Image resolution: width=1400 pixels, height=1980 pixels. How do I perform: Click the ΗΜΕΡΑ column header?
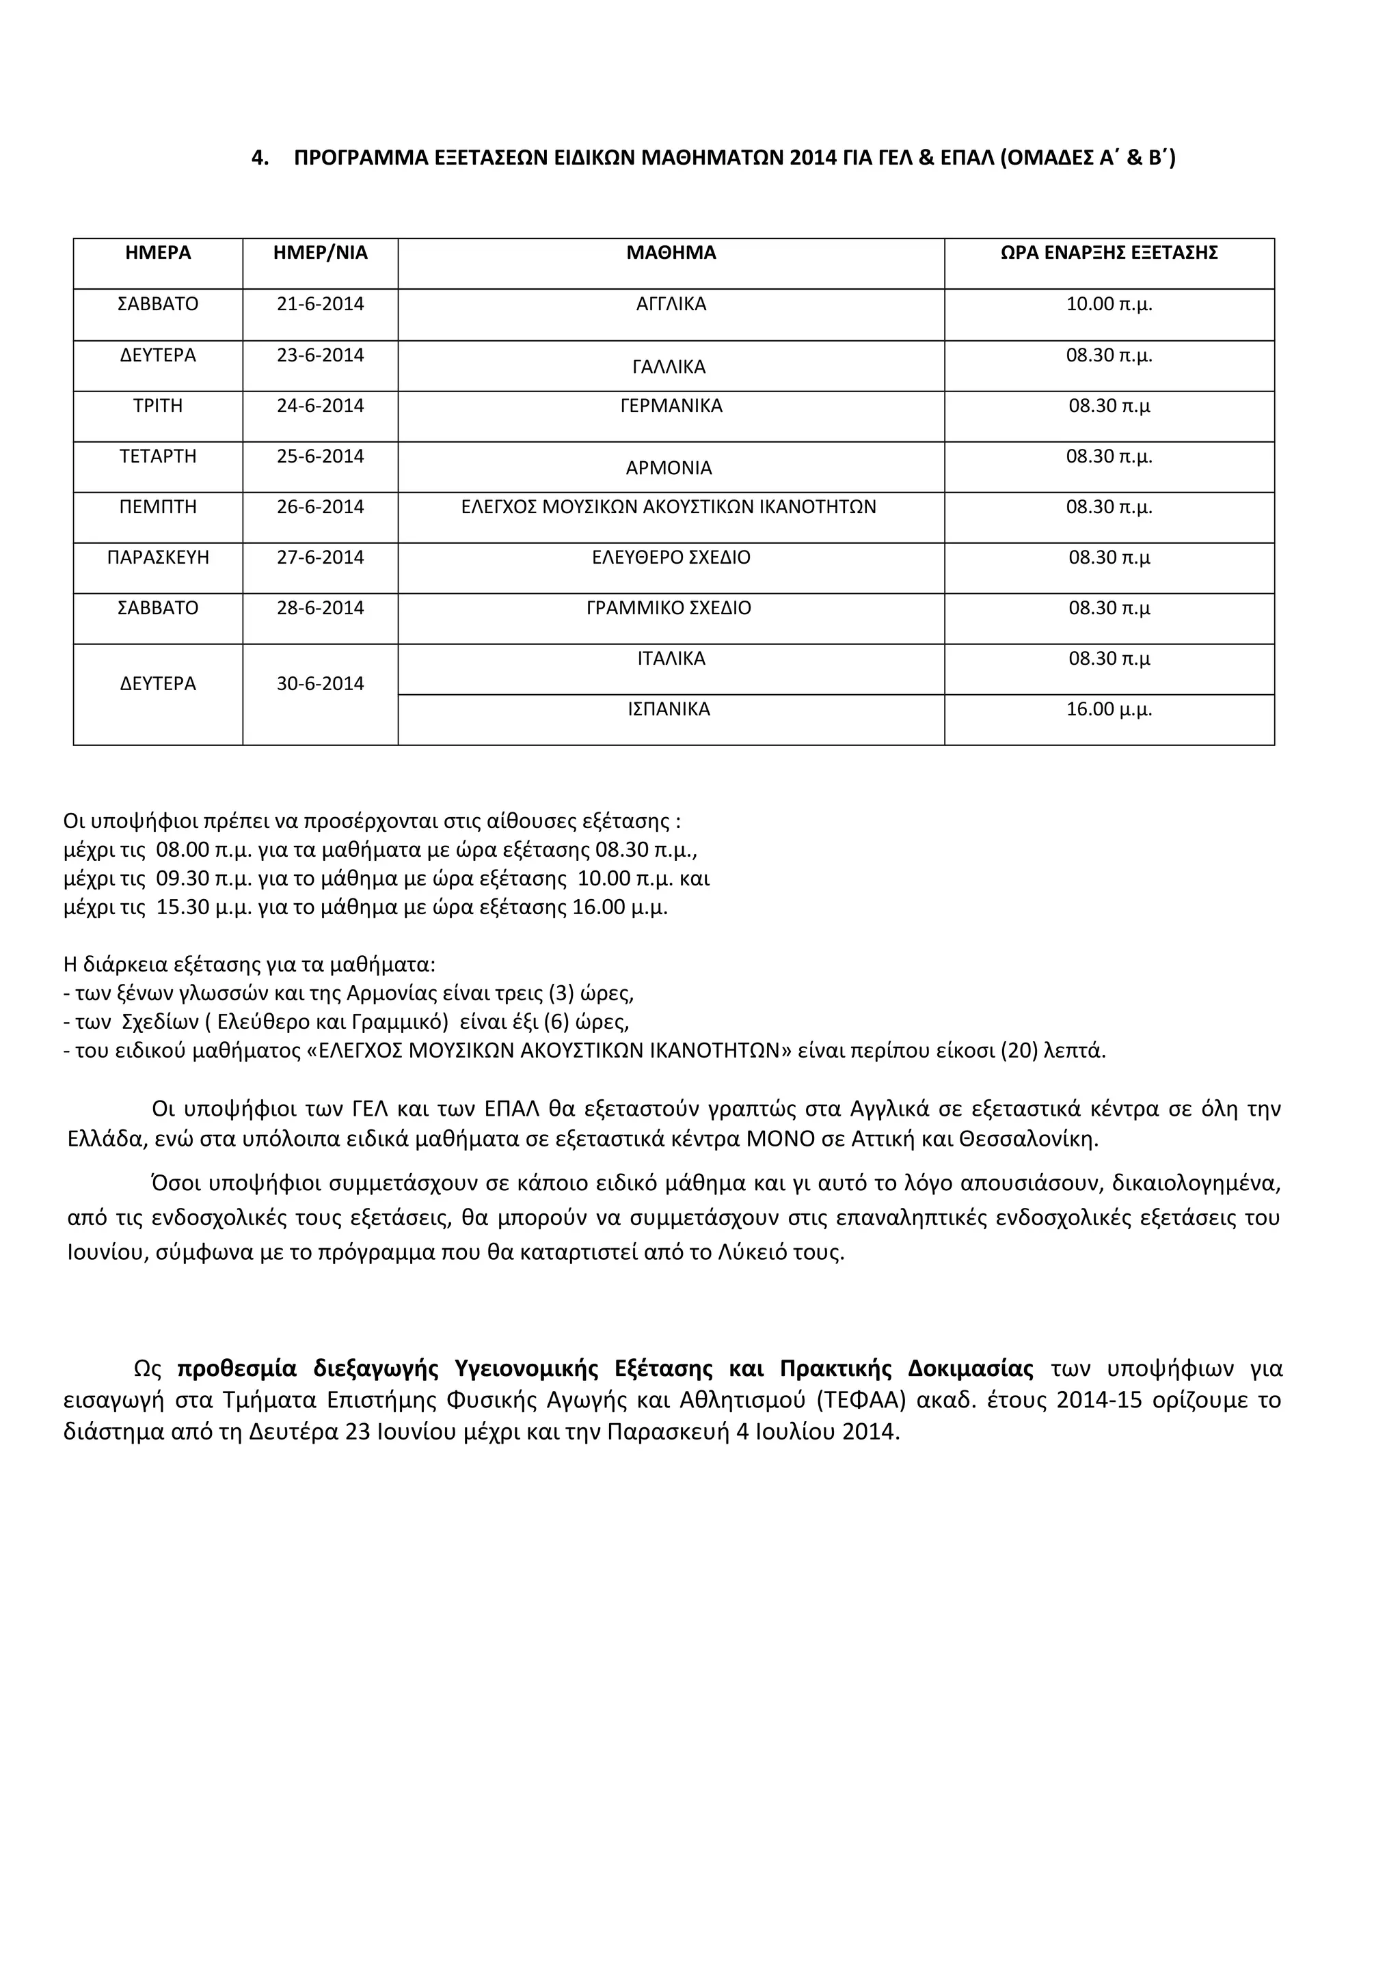tap(158, 253)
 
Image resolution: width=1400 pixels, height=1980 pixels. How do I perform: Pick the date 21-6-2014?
tap(320, 305)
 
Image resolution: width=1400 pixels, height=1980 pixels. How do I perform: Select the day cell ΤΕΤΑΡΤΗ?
tap(158, 456)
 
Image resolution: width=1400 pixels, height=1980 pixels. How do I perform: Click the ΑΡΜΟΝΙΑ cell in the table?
tap(669, 468)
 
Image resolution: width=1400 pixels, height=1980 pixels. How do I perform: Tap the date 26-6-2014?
tap(320, 507)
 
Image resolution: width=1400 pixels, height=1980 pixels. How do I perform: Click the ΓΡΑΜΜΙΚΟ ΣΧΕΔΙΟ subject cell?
tap(669, 608)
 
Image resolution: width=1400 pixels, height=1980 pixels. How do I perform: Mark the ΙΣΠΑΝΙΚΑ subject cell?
tap(669, 710)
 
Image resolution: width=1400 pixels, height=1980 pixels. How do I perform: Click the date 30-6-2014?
tap(320, 684)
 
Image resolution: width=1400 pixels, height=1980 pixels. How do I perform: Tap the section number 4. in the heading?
tap(260, 158)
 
